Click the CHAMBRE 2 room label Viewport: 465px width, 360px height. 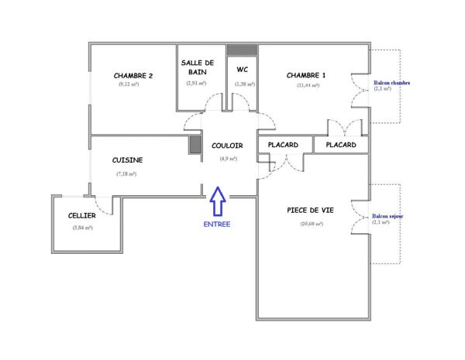point(133,76)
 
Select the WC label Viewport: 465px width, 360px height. point(241,67)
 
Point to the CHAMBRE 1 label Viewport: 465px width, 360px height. point(306,75)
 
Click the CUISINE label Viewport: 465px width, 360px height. point(127,160)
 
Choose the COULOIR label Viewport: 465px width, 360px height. point(227,146)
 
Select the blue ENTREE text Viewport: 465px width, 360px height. point(217,225)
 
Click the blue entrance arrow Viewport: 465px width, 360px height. point(218,203)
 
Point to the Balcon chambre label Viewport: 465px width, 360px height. point(391,83)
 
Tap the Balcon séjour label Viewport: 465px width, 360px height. point(387,217)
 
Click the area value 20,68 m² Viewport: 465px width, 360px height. point(311,224)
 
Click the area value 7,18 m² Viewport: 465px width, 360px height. point(126,173)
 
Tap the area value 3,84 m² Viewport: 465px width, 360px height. point(82,228)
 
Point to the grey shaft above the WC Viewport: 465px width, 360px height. point(242,50)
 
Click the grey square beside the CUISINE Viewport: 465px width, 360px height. point(195,145)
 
